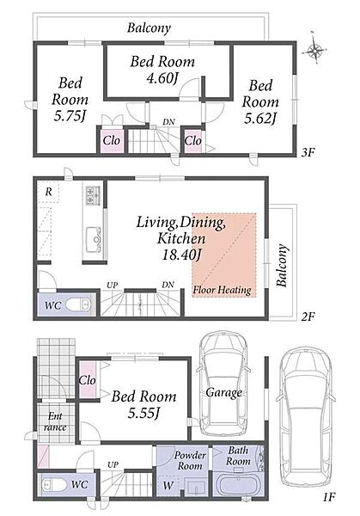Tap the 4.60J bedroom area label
162,78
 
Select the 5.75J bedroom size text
70,116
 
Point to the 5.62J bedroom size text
259,119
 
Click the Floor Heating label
222,291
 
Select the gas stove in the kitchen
94,195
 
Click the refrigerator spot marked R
48,192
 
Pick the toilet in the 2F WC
77,304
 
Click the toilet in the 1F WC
54,485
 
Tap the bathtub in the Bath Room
238,485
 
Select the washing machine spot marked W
168,486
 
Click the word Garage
224,393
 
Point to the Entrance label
55,422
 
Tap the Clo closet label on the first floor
87,380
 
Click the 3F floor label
308,152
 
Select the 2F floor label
308,316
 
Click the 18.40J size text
181,255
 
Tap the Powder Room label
190,460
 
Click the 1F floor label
328,496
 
